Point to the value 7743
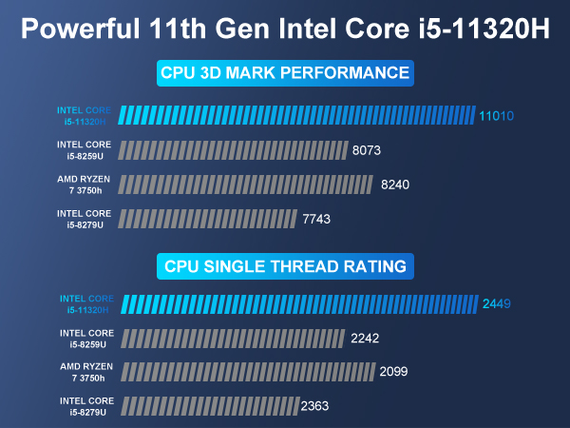coord(317,219)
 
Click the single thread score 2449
coord(497,304)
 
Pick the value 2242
coord(365,339)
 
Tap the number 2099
coord(393,372)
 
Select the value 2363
coord(316,406)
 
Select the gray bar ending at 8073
coord(234,150)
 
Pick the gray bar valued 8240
coord(248,185)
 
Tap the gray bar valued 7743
coord(209,219)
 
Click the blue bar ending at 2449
coord(300,304)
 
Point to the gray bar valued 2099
coord(248,372)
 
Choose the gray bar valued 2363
coord(209,406)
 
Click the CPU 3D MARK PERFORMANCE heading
coord(285,73)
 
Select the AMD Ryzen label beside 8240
coord(86,185)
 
